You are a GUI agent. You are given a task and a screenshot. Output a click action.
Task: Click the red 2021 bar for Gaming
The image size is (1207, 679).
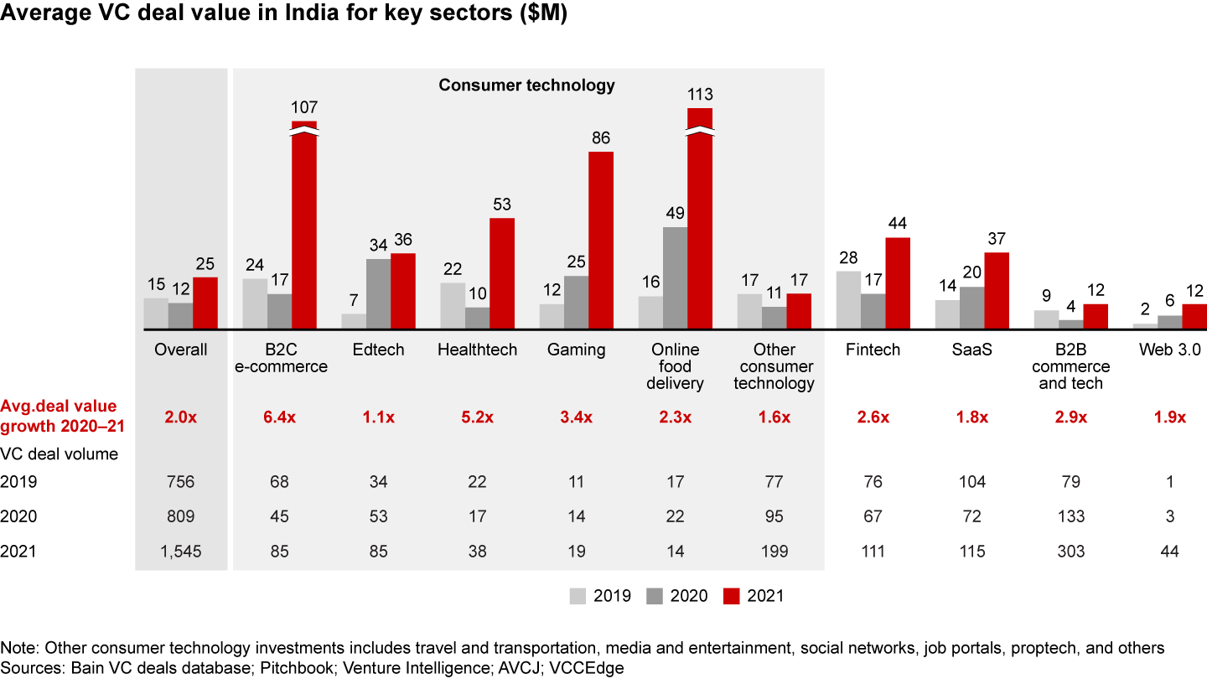[601, 240]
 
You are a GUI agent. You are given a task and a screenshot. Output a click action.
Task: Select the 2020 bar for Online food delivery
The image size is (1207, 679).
[675, 277]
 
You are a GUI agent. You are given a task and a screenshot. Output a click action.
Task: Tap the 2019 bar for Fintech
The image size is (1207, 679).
[848, 299]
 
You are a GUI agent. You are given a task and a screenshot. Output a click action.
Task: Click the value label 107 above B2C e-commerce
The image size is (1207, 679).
[304, 108]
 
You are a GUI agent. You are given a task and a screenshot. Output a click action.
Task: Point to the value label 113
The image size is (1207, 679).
[700, 96]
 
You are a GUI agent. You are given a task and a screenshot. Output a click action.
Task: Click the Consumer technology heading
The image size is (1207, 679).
[527, 86]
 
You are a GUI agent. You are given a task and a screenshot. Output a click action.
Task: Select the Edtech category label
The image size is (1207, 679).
[378, 350]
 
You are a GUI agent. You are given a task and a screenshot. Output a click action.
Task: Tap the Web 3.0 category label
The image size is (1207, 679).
[1169, 350]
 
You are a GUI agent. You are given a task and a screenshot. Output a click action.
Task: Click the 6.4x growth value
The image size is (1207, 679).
[280, 417]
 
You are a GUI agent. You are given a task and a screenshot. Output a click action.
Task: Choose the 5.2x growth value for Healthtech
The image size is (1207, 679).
[478, 417]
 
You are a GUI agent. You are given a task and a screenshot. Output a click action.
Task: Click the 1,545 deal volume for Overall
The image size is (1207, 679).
[181, 551]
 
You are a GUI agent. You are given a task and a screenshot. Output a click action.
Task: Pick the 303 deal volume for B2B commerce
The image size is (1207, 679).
[1071, 551]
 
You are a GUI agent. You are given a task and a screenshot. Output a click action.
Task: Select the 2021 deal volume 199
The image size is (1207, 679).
[774, 551]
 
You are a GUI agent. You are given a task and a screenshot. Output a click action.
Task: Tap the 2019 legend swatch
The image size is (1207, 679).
[578, 596]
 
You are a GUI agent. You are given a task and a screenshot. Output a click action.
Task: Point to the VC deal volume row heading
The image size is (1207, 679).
[60, 454]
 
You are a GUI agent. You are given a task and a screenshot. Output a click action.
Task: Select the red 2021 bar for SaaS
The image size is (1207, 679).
[997, 290]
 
